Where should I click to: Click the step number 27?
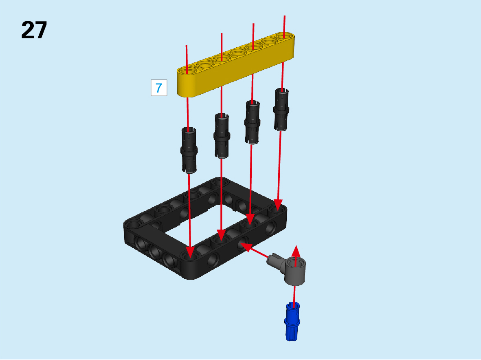[34, 30]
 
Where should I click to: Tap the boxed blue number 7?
[159, 88]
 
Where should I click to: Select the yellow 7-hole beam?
[235, 65]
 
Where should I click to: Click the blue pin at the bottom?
[292, 322]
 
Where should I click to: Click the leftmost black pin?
[189, 150]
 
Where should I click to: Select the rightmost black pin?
[281, 110]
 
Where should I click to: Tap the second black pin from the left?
[222, 136]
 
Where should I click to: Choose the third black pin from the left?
[253, 122]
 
